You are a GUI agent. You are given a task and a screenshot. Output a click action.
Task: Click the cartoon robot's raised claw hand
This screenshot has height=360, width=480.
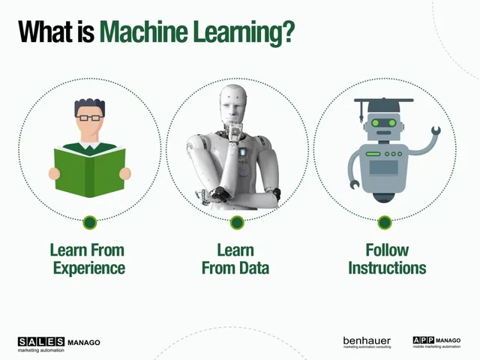pos(433,134)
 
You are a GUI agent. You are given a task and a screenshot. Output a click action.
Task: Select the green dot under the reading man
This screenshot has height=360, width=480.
pos(89,222)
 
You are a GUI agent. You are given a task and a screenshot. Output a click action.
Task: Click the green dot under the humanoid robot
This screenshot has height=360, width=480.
pos(237,222)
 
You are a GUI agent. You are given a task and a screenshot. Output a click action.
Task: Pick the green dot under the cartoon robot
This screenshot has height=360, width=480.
pos(384,222)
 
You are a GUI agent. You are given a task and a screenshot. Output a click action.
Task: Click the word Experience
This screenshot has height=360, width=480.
pos(88,268)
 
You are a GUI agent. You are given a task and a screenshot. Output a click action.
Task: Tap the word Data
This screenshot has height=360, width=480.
pos(253,268)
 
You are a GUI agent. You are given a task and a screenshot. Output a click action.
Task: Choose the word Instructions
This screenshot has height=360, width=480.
pos(387,268)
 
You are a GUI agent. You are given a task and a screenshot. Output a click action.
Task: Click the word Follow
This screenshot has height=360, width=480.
pos(387,250)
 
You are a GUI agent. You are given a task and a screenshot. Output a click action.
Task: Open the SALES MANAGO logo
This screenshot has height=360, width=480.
pos(58,343)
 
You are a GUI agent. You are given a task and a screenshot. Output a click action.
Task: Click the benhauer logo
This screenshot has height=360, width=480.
pos(367,342)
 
